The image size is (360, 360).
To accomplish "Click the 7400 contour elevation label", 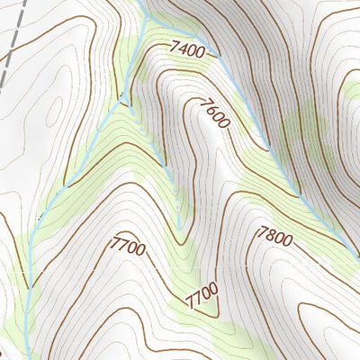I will click(185, 50).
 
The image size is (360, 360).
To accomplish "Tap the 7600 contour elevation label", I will click(214, 116).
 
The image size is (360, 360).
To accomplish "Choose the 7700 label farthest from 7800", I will click(128, 245).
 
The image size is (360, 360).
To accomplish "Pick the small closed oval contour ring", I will click(352, 90).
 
